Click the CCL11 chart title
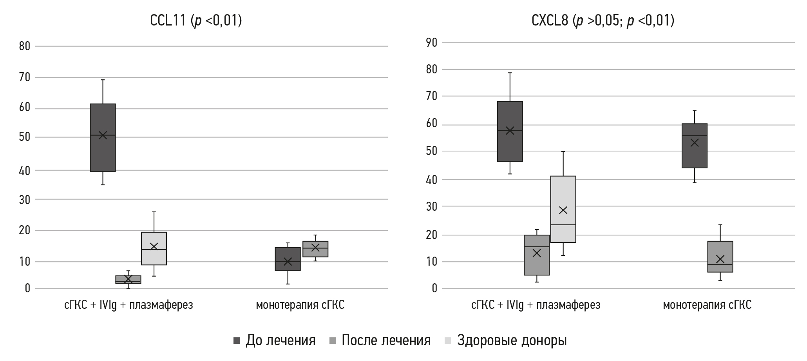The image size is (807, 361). (x=196, y=20)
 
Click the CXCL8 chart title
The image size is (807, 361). (x=603, y=20)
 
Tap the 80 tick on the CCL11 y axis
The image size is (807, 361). (x=25, y=46)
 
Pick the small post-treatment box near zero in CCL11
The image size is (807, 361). (x=128, y=279)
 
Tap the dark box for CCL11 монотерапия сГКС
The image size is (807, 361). (x=288, y=259)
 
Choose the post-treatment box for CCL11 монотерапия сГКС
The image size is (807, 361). (x=315, y=249)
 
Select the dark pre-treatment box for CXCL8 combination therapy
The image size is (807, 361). (x=510, y=131)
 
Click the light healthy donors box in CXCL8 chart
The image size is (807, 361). (x=563, y=209)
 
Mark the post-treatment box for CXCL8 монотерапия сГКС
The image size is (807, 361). (x=720, y=257)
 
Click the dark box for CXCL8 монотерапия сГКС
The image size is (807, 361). (x=694, y=146)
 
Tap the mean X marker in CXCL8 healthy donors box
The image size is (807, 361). (x=563, y=210)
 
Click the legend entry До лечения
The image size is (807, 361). (x=274, y=340)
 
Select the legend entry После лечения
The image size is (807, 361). (x=380, y=340)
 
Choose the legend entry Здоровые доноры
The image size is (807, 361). (x=506, y=340)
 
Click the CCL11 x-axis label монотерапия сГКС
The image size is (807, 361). (x=300, y=305)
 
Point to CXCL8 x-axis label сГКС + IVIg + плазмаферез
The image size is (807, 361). (x=536, y=305)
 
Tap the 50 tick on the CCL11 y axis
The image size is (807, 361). (x=25, y=137)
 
